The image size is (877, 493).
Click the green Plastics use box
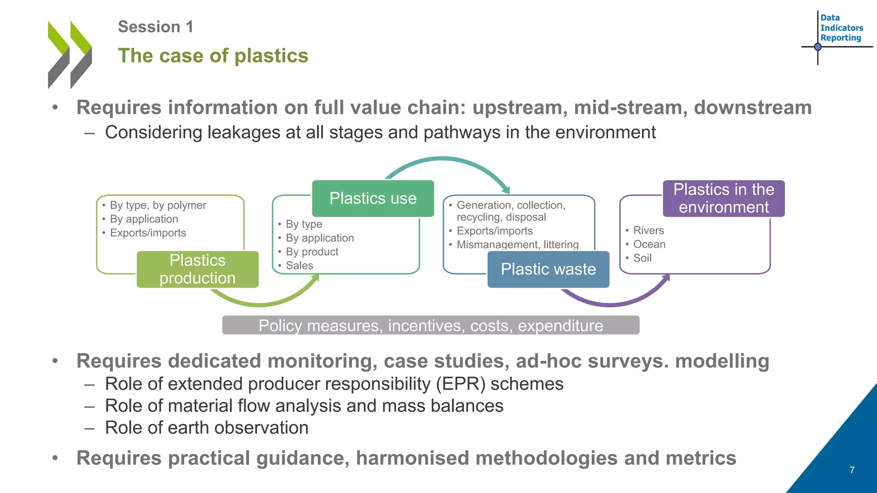pyautogui.click(x=373, y=198)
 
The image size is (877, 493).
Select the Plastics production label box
pyautogui.click(x=197, y=269)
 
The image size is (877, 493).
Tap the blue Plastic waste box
pyautogui.click(x=548, y=269)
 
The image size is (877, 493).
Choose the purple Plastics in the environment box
pyautogui.click(x=724, y=198)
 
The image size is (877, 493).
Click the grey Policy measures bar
pyautogui.click(x=430, y=325)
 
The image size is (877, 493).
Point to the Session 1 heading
pyautogui.click(x=155, y=27)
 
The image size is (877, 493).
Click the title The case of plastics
pyautogui.click(x=213, y=56)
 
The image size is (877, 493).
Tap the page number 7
pyautogui.click(x=852, y=470)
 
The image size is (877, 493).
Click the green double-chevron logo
pyautogui.click(x=70, y=54)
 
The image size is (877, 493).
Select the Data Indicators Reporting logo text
pyautogui.click(x=841, y=28)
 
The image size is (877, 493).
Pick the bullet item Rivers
pyautogui.click(x=648, y=230)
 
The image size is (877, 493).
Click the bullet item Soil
pyautogui.click(x=642, y=258)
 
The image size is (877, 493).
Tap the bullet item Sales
pyautogui.click(x=299, y=265)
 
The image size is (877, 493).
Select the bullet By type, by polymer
pyautogui.click(x=158, y=205)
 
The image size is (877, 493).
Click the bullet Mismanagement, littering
pyautogui.click(x=517, y=245)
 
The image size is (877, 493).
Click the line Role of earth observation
pyautogui.click(x=206, y=428)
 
